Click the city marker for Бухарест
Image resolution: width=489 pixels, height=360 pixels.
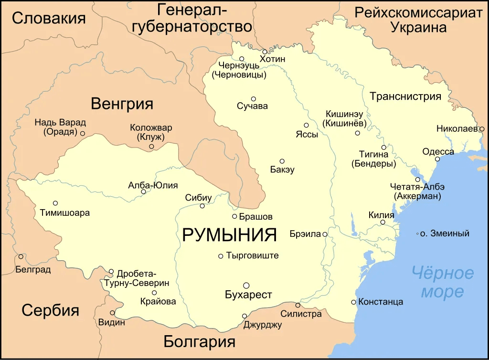point(246,285)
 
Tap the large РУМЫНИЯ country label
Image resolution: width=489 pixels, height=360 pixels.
point(230,235)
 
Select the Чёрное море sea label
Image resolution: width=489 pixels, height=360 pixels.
point(443,282)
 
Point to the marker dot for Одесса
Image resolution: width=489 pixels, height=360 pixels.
point(437,159)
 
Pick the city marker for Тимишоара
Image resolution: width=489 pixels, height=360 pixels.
point(55,203)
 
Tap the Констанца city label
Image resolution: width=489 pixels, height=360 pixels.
point(381,302)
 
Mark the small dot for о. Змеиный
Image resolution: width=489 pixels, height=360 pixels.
point(417,233)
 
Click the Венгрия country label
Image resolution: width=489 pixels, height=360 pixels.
point(122,104)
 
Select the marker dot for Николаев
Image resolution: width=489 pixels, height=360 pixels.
point(482,129)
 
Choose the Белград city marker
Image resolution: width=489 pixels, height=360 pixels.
point(21,256)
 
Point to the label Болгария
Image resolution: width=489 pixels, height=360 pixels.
point(199,342)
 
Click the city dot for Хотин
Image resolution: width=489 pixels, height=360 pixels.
point(265,52)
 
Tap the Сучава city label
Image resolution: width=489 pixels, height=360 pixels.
point(252,106)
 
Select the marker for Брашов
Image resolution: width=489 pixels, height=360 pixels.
point(234,216)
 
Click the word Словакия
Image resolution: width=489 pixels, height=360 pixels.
point(49,18)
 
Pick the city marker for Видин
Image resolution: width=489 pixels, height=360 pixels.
point(113,313)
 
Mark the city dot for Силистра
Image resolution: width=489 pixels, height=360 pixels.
point(298,305)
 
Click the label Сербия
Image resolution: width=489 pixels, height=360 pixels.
point(50,310)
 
